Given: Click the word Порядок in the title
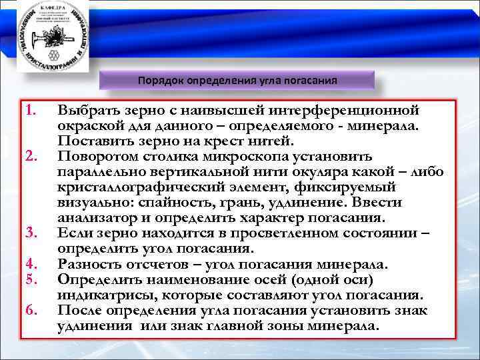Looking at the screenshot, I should [160, 81].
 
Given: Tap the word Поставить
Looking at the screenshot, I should [94, 141].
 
